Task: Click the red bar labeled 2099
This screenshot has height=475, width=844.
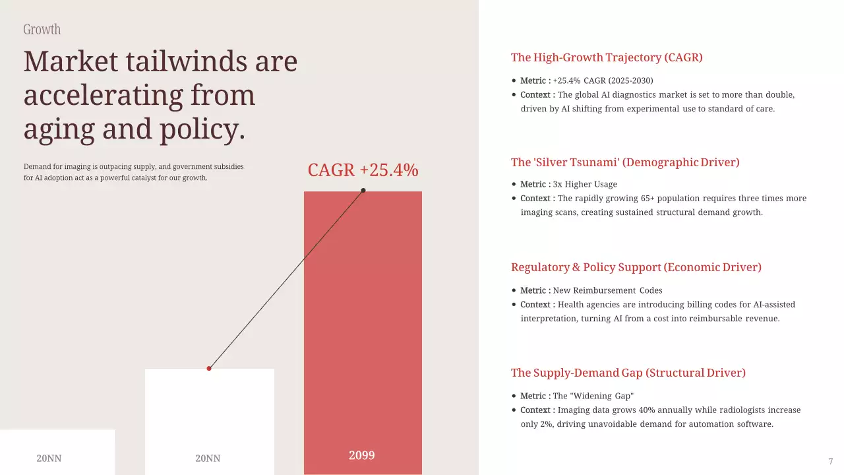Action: click(363, 317)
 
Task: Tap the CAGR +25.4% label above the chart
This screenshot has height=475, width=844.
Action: click(363, 170)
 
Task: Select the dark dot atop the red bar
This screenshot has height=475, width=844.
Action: click(363, 191)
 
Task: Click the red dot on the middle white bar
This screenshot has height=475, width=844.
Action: click(209, 368)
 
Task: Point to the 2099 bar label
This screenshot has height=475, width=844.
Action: click(361, 455)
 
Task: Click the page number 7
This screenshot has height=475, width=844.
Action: click(831, 461)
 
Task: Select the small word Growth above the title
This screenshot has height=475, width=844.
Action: click(42, 30)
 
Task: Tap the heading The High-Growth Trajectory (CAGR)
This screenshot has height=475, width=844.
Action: click(607, 57)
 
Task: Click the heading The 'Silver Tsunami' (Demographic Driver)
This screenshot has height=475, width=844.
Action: click(625, 162)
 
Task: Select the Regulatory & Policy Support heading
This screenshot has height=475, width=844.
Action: click(636, 267)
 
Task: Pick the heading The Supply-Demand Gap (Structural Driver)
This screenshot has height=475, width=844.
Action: click(628, 373)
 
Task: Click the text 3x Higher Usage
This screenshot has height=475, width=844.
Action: click(585, 184)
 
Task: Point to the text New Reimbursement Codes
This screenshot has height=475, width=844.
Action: click(607, 290)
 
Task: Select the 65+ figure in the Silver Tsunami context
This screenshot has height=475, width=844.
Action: click(661, 198)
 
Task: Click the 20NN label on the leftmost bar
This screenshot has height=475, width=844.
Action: click(49, 458)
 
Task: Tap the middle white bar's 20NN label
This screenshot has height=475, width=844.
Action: click(208, 458)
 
